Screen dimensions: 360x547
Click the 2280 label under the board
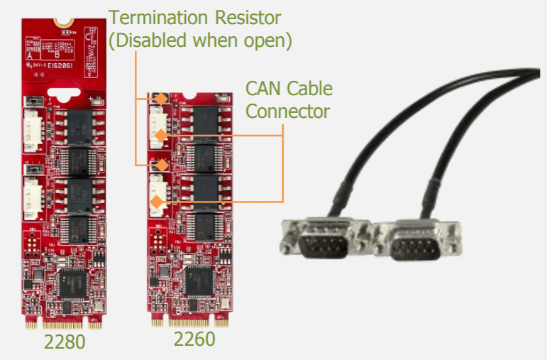65,342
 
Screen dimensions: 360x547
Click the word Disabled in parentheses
149,40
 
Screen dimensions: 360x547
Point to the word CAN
264,89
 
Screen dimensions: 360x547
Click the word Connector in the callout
287,111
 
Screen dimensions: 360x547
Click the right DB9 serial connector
414,246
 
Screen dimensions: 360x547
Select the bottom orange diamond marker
155,202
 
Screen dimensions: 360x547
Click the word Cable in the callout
309,89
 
